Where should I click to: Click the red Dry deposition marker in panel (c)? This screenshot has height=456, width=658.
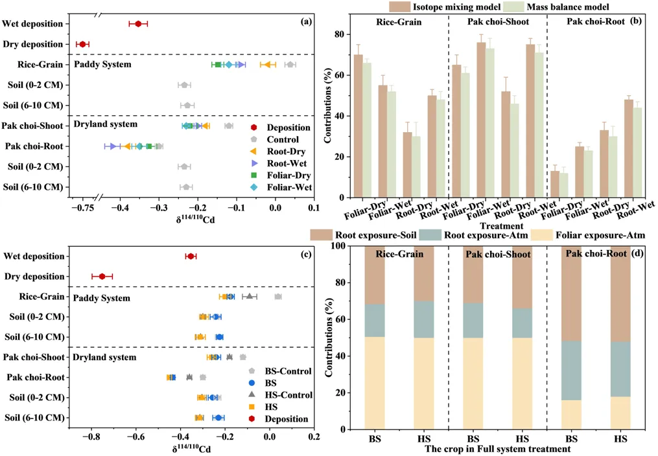[102, 277]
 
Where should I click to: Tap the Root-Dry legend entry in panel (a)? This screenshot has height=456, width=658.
[286, 152]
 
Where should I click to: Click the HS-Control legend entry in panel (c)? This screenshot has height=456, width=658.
[286, 395]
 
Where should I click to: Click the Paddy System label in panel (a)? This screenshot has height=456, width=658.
[103, 65]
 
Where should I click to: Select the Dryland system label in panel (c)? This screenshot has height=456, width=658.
[104, 357]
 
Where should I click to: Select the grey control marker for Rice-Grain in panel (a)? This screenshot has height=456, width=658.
[290, 64]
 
